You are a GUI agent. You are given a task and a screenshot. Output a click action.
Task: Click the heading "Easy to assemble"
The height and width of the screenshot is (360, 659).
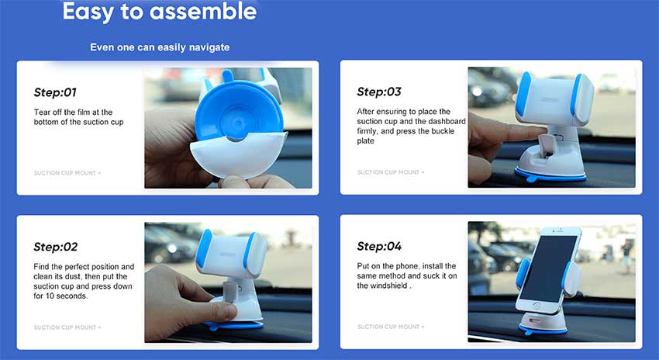tap(159, 12)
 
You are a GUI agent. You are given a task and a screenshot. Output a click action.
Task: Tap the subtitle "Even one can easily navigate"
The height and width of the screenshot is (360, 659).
tap(160, 47)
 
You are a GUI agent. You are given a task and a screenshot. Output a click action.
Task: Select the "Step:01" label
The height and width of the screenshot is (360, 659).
tap(55, 92)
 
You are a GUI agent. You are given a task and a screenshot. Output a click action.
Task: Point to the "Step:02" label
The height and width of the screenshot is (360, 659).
tap(56, 247)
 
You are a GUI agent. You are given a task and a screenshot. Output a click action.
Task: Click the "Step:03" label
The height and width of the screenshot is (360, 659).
tap(379, 92)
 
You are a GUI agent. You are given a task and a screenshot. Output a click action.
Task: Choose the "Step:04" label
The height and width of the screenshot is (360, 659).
tap(379, 246)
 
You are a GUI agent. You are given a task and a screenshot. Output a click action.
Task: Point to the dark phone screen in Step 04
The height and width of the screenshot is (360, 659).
tap(548, 268)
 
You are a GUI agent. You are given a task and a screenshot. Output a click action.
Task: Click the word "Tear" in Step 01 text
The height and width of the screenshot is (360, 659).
tap(41, 112)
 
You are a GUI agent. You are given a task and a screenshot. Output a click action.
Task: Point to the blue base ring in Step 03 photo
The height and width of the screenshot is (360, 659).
tap(550, 175)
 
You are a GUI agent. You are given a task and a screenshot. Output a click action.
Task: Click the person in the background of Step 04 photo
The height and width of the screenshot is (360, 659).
tap(626, 255)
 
